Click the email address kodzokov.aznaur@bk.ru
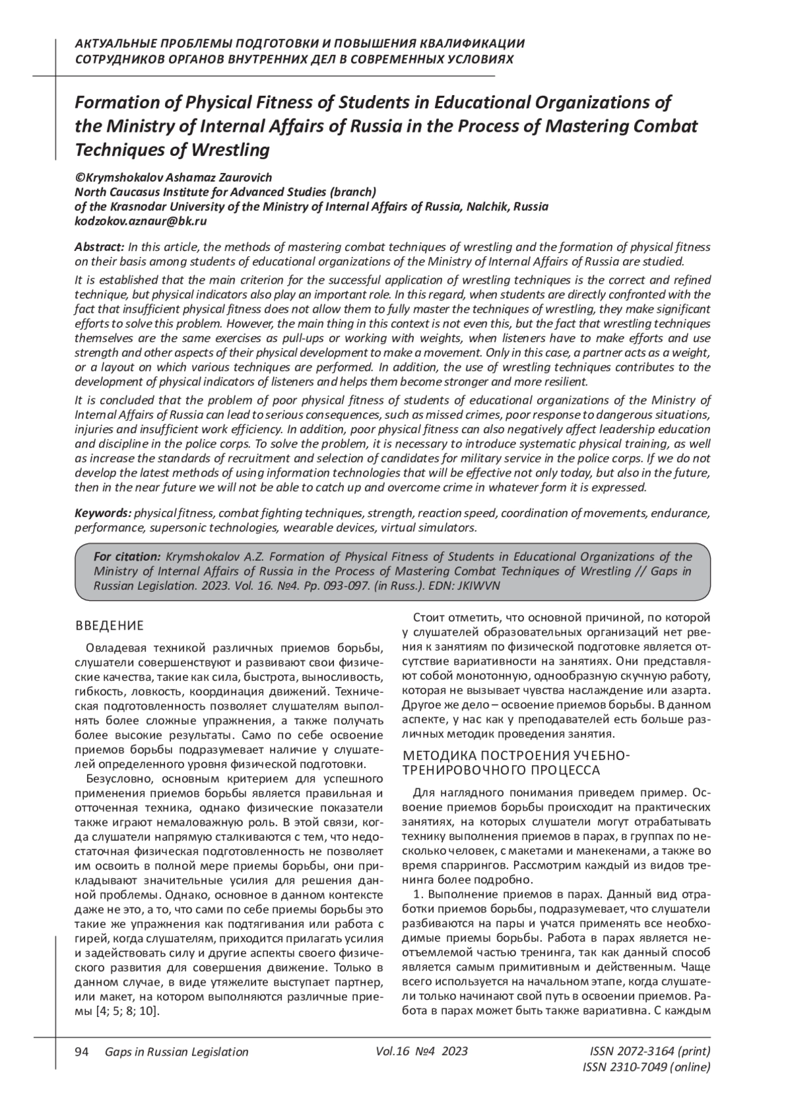click(x=141, y=221)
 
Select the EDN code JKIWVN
click(x=481, y=586)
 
